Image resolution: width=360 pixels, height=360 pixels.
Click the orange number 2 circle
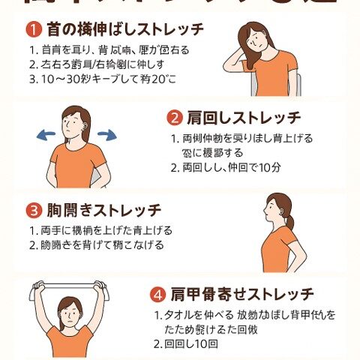174,118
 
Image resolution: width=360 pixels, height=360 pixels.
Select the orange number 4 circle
159,293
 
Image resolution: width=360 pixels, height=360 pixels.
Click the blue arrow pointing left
48,134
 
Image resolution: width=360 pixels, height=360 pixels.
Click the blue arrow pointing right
106,134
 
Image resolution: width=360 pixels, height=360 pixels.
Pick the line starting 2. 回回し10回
187,344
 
